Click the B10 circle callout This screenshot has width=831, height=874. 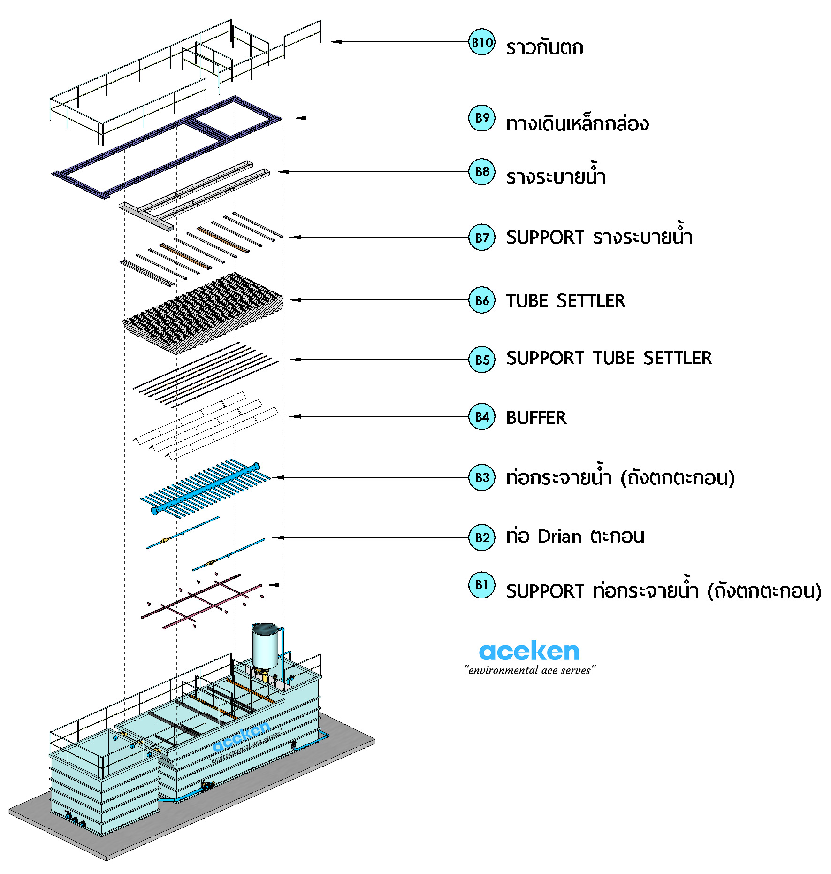pyautogui.click(x=481, y=42)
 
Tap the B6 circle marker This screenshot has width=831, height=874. pyautogui.click(x=481, y=300)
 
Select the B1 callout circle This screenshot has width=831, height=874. pyautogui.click(x=481, y=584)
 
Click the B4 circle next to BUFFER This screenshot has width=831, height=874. pyautogui.click(x=481, y=417)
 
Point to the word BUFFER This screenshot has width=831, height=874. pyautogui.click(x=536, y=418)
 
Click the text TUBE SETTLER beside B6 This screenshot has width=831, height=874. pyautogui.click(x=565, y=301)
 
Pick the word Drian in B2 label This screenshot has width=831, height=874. pyautogui.click(x=559, y=537)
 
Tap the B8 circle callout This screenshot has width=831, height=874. pyautogui.click(x=481, y=172)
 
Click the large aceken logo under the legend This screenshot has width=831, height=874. pyautogui.click(x=529, y=652)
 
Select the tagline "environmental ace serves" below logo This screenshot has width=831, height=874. pyautogui.click(x=530, y=670)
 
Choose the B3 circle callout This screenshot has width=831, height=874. pyautogui.click(x=481, y=477)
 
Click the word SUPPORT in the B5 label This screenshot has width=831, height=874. pyautogui.click(x=545, y=358)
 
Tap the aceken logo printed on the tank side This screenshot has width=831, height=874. pyautogui.click(x=241, y=737)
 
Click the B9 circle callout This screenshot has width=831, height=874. pyautogui.click(x=481, y=118)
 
